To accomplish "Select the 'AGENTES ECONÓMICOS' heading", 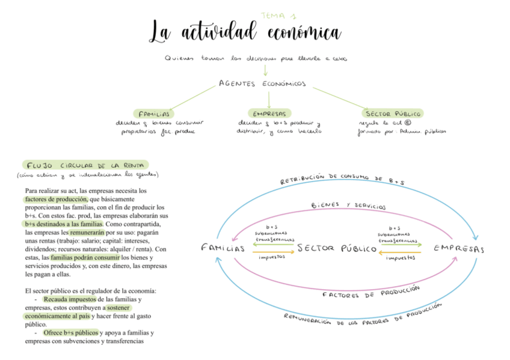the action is (262, 84).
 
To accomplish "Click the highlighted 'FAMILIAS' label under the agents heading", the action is (154, 113).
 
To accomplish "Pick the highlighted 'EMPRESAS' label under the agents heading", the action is (269, 113).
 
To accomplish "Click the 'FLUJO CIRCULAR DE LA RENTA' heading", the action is (85, 165).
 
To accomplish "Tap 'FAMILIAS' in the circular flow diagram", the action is (223, 248).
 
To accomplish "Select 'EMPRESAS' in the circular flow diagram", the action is (459, 248).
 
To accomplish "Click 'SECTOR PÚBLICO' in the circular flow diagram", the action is (337, 248).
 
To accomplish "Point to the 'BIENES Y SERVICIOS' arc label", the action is (348, 206).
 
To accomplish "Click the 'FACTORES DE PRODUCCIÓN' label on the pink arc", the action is (370, 293).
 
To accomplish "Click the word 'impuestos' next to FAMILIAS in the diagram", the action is (272, 258).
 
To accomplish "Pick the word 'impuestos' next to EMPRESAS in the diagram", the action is (401, 258).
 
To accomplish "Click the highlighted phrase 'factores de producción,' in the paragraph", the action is (57, 198).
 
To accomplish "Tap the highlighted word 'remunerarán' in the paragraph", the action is (87, 231).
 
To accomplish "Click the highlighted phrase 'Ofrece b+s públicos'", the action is (70, 332).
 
